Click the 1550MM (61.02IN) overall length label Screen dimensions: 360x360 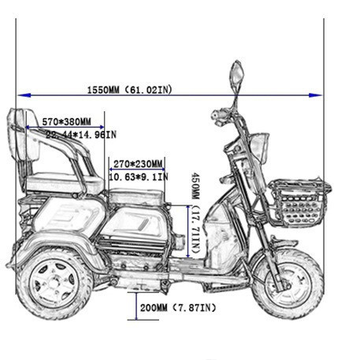[x=129, y=90]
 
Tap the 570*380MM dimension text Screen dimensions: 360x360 [x=67, y=121]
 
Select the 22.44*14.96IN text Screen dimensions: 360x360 [x=81, y=135]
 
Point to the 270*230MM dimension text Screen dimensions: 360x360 [x=138, y=164]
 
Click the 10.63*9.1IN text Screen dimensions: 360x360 [x=139, y=177]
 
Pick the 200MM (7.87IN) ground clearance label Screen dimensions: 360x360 [x=178, y=307]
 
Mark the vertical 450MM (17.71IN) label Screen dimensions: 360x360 [x=196, y=213]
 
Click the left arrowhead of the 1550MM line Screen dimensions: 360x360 [x=24, y=95]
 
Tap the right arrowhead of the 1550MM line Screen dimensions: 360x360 [x=315, y=95]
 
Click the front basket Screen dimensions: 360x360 [x=300, y=201]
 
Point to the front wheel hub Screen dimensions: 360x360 [x=285, y=284]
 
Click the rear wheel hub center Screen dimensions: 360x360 [x=54, y=283]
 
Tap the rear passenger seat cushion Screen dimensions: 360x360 [x=65, y=183]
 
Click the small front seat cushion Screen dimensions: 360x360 [x=136, y=195]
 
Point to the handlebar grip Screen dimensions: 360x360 [x=219, y=115]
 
